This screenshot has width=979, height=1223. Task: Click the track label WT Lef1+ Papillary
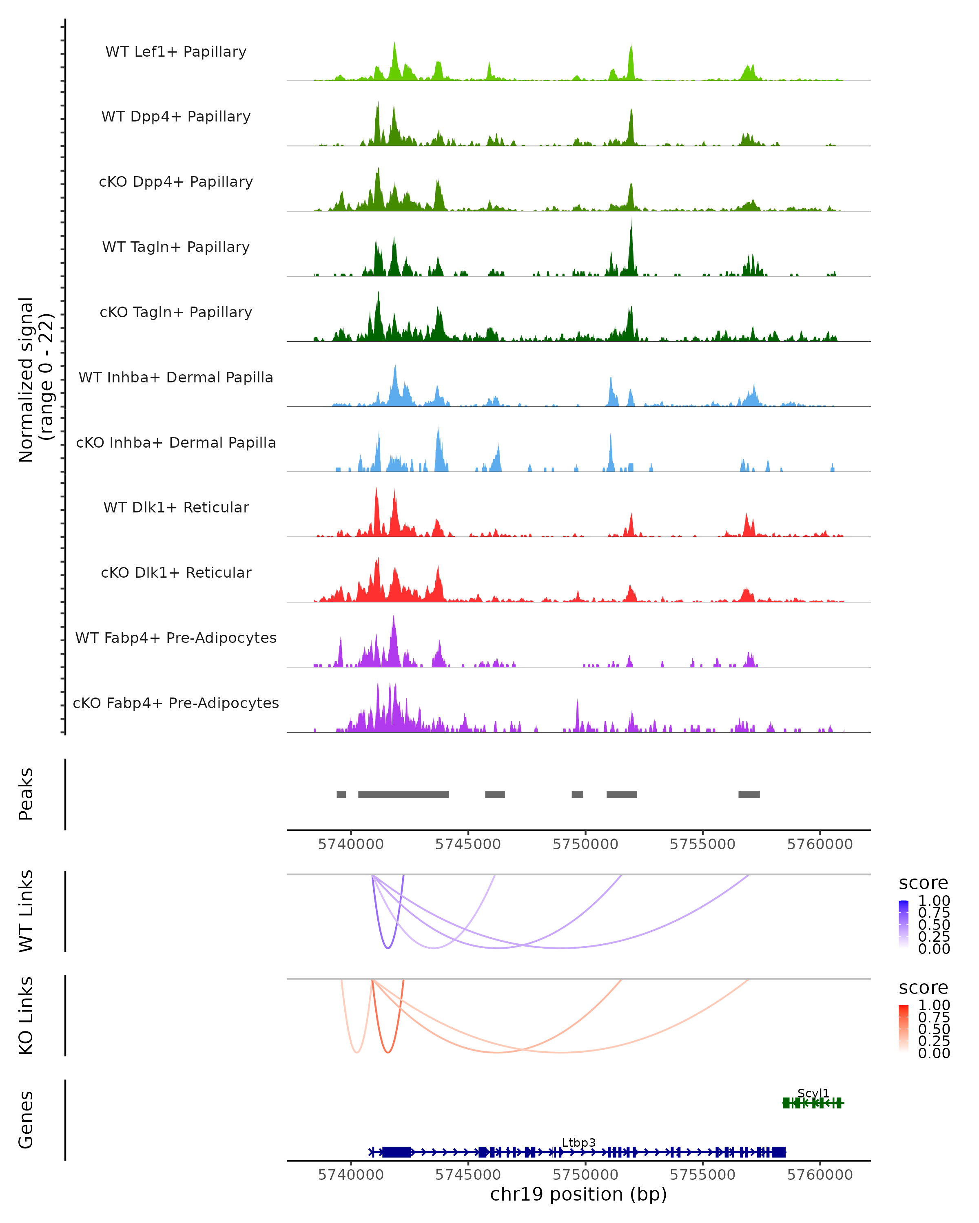pyautogui.click(x=176, y=52)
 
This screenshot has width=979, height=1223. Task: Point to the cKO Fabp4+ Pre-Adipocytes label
pyautogui.click(x=176, y=703)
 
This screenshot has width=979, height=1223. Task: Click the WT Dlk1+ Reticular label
pyautogui.click(x=176, y=507)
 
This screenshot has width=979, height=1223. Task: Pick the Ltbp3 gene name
pyautogui.click(x=578, y=1142)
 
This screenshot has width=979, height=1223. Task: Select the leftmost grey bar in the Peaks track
pyautogui.click(x=341, y=794)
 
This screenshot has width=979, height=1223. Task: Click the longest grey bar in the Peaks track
pyautogui.click(x=403, y=794)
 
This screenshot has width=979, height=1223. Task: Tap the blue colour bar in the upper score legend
pyautogui.click(x=904, y=924)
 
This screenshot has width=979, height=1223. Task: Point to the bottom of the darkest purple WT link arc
pyautogui.click(x=388, y=948)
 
